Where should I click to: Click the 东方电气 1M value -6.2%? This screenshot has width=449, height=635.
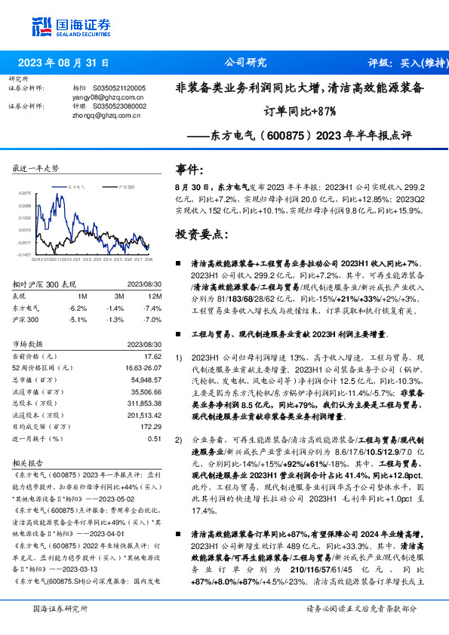point(77,308)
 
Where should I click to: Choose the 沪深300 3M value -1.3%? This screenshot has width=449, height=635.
point(115,320)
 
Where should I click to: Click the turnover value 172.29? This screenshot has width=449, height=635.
point(150,427)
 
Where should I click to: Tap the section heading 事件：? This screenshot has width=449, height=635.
point(189,170)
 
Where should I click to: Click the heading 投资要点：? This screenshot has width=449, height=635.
point(200,235)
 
